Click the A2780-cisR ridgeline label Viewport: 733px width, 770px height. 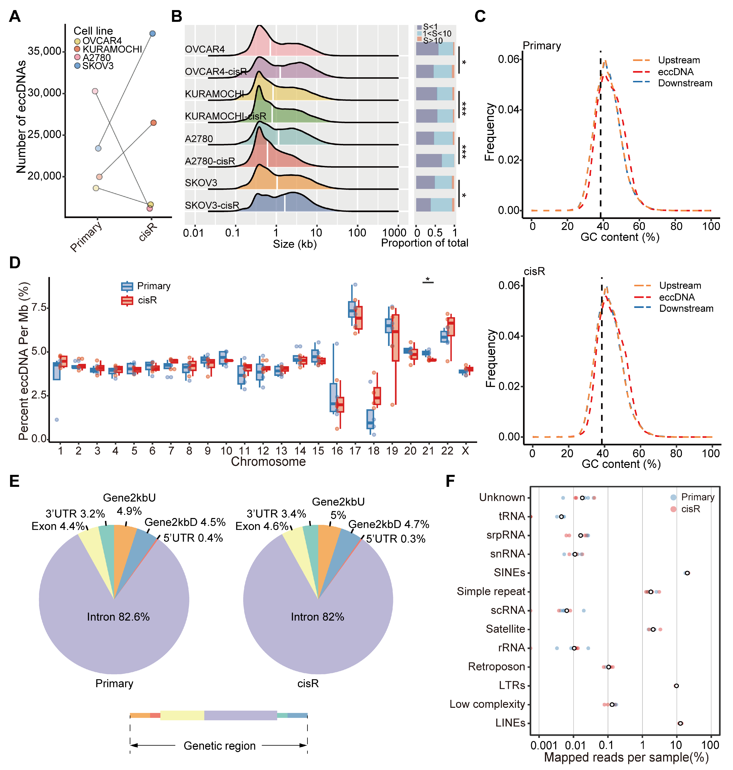click(210, 161)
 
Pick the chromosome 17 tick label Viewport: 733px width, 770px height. click(355, 451)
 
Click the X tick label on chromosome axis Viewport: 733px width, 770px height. click(465, 451)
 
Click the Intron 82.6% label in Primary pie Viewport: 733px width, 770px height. click(118, 617)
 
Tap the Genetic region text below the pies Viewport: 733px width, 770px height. click(220, 746)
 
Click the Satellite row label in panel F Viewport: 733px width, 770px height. click(505, 629)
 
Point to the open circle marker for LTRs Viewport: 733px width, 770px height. click(676, 685)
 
